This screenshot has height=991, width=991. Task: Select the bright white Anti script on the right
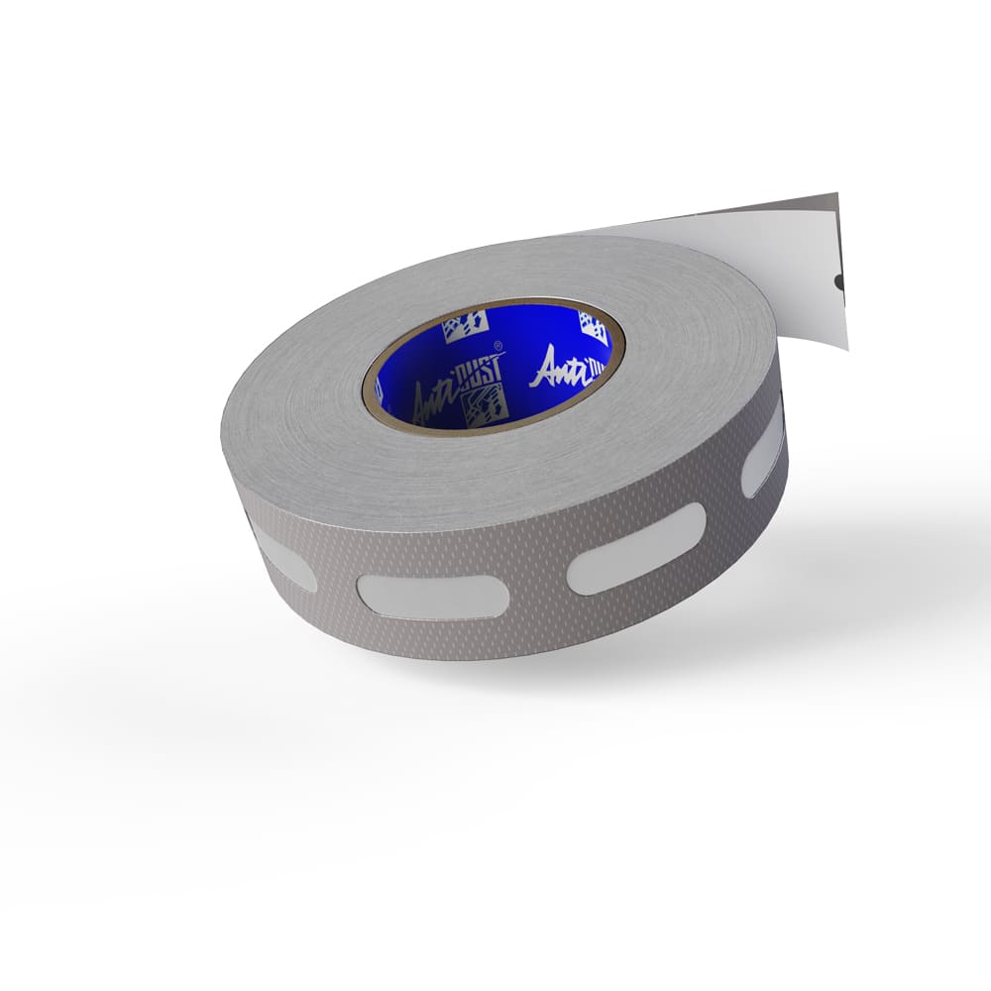(x=561, y=369)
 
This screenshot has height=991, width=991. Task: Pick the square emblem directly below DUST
(x=486, y=404)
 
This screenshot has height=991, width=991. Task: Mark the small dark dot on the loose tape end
(x=839, y=281)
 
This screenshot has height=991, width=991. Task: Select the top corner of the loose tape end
(x=837, y=194)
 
